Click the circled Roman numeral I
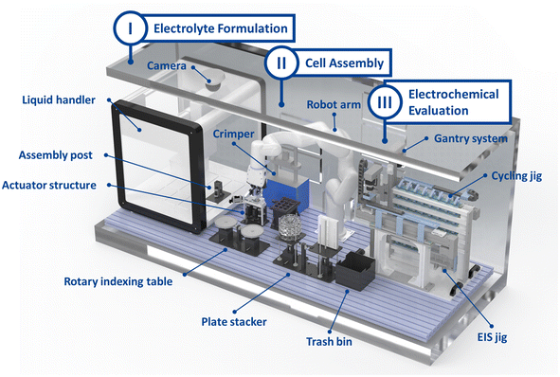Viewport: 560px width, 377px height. click(x=130, y=28)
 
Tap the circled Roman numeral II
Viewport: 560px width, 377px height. click(x=281, y=63)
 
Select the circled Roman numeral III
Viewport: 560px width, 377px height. click(x=385, y=102)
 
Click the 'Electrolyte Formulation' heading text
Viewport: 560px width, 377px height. click(x=221, y=28)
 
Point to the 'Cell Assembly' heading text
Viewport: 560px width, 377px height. click(x=344, y=63)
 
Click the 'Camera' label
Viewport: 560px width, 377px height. click(x=167, y=65)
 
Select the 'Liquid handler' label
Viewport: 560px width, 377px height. click(x=59, y=100)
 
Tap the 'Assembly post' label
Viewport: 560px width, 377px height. click(x=55, y=155)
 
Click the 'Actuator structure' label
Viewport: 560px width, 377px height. click(x=49, y=186)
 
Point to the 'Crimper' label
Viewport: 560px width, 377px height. click(x=234, y=134)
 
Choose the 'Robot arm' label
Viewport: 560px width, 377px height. click(x=334, y=104)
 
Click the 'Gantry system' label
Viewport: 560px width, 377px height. click(x=471, y=138)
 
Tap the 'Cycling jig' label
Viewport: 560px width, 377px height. click(x=516, y=176)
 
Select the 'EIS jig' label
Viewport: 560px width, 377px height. click(x=492, y=337)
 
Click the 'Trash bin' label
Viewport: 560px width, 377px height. click(x=329, y=342)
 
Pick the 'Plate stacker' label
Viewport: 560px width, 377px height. click(x=234, y=322)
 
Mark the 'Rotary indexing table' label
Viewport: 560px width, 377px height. click(x=118, y=281)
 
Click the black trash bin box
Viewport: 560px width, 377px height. click(x=355, y=270)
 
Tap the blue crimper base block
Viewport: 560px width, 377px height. click(x=286, y=194)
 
